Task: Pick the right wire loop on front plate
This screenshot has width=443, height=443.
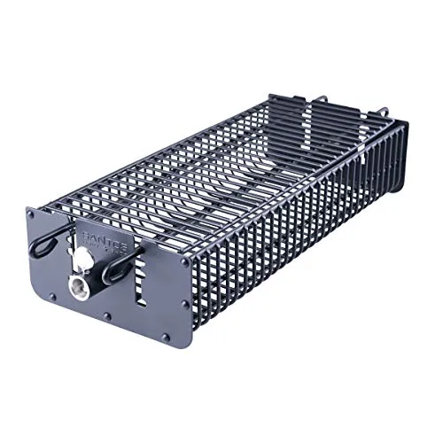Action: point(120,265)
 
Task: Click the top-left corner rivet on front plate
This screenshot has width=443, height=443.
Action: point(32,213)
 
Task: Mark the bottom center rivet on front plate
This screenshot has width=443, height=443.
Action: point(107,315)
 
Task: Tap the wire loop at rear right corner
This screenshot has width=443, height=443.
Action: point(383,113)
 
